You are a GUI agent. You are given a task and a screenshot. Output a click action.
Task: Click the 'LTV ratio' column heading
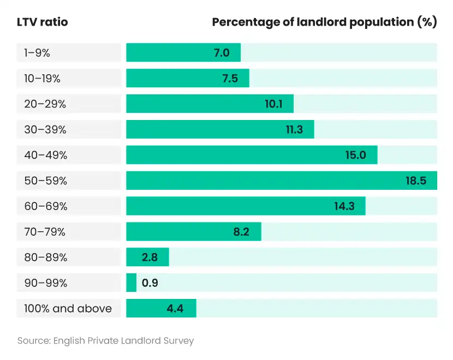[x=43, y=22]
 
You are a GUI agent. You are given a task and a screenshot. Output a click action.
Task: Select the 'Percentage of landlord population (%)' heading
[x=324, y=22]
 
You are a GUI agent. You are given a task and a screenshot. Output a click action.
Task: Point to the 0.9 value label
[x=150, y=283]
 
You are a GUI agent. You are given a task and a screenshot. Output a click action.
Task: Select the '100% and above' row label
[x=68, y=309]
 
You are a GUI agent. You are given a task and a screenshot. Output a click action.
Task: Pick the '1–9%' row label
[x=37, y=53]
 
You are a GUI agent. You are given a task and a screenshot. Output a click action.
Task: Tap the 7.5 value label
[x=230, y=79]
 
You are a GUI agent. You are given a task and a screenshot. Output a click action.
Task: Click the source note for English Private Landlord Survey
[x=105, y=341]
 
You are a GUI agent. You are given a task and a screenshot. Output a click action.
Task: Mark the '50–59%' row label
[x=45, y=181]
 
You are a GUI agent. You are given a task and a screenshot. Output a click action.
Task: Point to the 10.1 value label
[x=273, y=104]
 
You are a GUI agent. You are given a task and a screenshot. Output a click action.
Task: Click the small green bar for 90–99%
[x=131, y=283]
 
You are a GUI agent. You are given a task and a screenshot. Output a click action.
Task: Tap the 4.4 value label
[x=175, y=309]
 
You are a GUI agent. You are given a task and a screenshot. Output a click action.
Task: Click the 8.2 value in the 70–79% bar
[x=241, y=232]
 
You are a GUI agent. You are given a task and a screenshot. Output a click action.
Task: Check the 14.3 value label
[x=345, y=206]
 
